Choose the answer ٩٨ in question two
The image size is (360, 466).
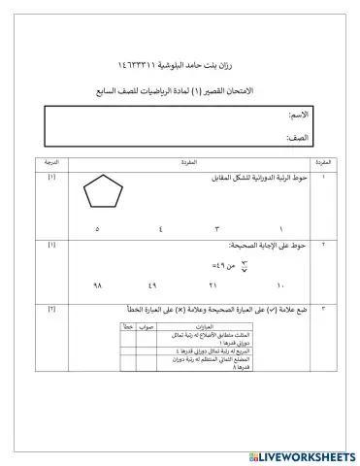[x=96, y=286]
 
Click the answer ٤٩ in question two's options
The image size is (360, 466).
[x=153, y=286]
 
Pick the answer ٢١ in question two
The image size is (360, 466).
[x=213, y=286]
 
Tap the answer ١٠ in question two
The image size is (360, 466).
[x=280, y=286]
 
